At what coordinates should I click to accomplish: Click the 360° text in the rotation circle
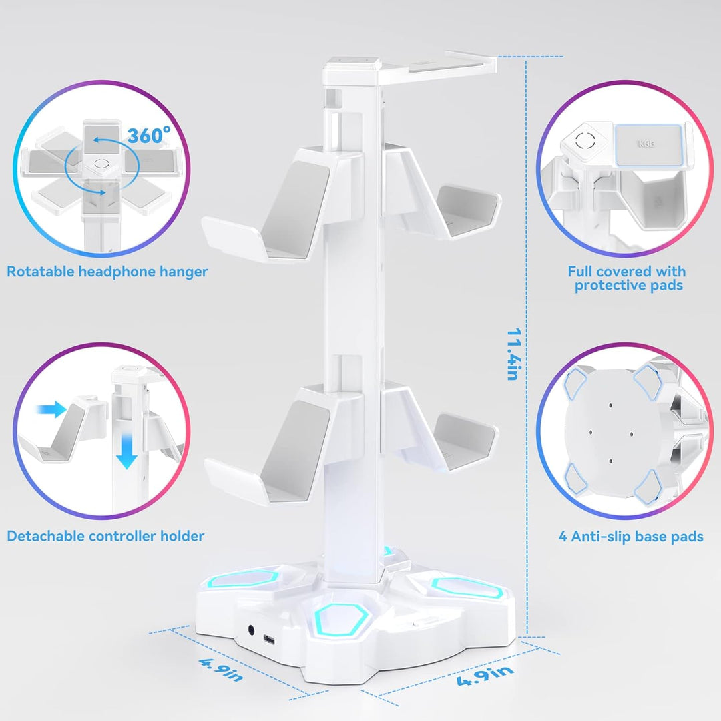click(x=148, y=135)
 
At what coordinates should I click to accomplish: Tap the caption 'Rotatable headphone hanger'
click(x=107, y=271)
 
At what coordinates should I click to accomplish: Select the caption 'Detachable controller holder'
click(x=105, y=536)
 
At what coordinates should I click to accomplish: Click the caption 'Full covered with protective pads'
click(x=627, y=278)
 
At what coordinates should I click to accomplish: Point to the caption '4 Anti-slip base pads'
click(x=631, y=537)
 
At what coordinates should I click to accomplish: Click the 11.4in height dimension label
click(x=514, y=354)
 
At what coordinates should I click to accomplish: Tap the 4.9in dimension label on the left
click(x=221, y=670)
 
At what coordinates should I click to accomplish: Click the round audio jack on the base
click(x=252, y=630)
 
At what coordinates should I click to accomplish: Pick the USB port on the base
click(x=269, y=639)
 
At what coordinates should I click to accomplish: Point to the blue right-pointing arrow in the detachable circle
click(x=51, y=409)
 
